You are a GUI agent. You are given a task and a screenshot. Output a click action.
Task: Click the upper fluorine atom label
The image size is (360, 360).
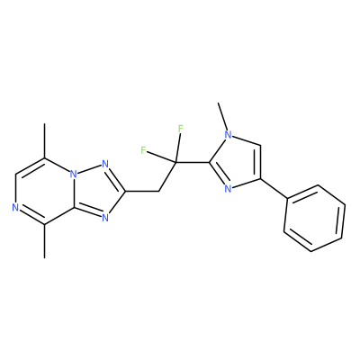point(180,129)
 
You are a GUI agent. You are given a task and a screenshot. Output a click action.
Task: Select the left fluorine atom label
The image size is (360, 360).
point(143,150)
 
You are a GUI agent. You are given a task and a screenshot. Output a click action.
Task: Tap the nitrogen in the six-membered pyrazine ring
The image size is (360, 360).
point(16,207)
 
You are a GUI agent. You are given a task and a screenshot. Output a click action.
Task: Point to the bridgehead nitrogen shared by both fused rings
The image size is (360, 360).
point(72,174)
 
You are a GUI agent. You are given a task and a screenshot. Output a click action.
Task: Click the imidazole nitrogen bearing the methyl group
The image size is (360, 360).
point(229,135)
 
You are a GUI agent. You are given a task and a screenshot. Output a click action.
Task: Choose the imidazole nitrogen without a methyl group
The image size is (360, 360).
point(228,189)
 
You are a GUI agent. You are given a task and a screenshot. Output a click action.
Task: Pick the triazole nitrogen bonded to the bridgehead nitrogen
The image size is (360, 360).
point(104,164)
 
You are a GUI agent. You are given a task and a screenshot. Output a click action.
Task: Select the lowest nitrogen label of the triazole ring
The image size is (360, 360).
point(104,218)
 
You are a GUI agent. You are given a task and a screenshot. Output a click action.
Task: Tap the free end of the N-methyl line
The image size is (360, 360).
point(219,103)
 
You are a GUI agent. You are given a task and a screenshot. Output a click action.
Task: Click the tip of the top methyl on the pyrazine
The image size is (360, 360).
point(44,123)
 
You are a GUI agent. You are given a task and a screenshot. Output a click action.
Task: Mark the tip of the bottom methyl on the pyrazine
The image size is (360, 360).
point(44,257)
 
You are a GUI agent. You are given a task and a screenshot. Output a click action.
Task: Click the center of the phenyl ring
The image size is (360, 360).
point(314,218)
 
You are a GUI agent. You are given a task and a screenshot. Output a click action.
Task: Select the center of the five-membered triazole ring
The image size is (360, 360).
point(96,191)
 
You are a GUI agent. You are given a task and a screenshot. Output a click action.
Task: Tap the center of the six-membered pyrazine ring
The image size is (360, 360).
point(44,191)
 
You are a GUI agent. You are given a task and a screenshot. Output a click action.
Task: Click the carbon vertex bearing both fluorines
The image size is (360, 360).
point(175,162)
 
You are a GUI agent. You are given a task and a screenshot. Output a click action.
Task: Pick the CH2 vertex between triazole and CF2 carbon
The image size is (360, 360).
point(158,191)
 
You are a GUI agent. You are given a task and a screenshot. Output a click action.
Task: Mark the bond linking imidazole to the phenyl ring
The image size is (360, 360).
point(274,189)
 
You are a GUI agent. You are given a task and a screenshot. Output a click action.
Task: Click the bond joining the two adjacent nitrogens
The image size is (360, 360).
point(88,169)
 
